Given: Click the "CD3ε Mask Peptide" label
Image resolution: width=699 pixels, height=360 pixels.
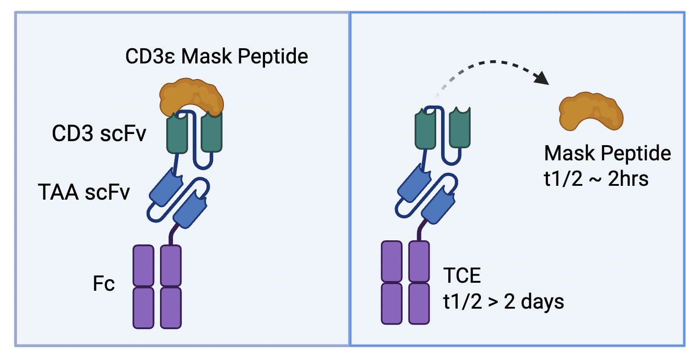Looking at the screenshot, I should tap(217, 57).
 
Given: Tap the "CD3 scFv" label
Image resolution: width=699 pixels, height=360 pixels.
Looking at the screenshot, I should tap(99, 133).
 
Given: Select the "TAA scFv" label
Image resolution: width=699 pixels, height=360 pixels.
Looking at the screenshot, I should tap(84, 192).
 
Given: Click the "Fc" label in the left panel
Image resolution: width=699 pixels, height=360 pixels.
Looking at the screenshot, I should tap(104, 284).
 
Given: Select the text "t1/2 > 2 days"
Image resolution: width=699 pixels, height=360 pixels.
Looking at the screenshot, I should tap(503, 302).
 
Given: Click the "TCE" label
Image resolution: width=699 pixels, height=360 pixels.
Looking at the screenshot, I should tap(462, 276).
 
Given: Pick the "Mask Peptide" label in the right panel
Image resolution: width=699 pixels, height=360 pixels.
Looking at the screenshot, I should tap(607, 153).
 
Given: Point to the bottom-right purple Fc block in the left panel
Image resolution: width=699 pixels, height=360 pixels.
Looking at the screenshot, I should tap(171, 308).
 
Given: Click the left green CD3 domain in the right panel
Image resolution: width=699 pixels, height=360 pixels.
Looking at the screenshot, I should tap(425, 130).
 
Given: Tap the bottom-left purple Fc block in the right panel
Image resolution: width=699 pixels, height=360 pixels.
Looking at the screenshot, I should tap(392, 303).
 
